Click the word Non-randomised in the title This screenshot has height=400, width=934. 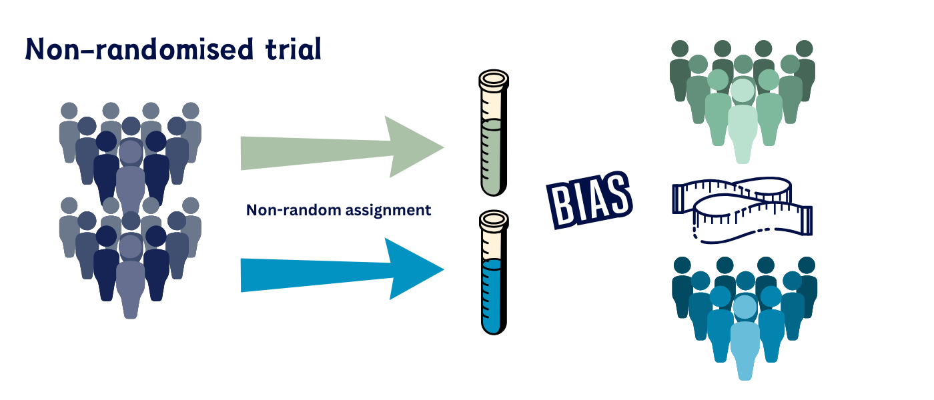tap(137, 49)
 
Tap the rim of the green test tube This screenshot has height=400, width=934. tap(493, 79)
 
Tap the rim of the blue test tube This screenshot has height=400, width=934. tap(494, 218)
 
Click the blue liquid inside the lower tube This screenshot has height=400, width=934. tap(494, 297)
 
